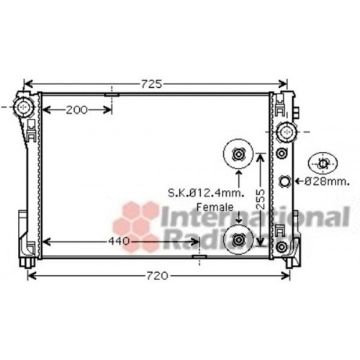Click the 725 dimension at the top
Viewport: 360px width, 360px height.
(150, 84)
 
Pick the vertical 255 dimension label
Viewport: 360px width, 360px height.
(266, 194)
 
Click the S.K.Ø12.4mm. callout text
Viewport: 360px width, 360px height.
(206, 193)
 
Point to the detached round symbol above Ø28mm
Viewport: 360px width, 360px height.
(322, 163)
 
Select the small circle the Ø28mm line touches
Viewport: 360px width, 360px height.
(284, 181)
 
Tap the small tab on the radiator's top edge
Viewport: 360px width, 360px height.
(112, 94)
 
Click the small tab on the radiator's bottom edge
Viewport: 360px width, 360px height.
(199, 256)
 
